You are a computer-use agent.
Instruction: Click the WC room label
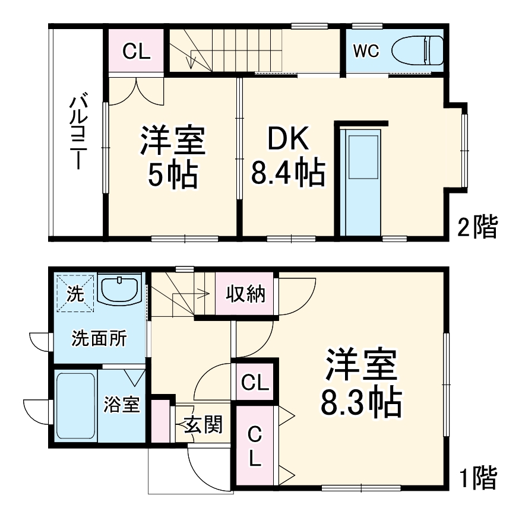pyautogui.click(x=366, y=51)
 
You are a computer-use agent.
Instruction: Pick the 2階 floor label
pyautogui.click(x=477, y=227)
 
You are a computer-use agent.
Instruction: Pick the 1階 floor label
pyautogui.click(x=477, y=478)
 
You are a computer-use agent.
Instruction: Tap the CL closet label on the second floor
pyautogui.click(x=136, y=52)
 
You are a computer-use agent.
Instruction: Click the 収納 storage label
pyautogui.click(x=245, y=294)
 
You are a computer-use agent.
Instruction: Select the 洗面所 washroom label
pyautogui.click(x=99, y=338)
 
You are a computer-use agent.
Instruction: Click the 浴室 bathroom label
pyautogui.click(x=122, y=405)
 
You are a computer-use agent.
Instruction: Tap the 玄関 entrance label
pyautogui.click(x=203, y=424)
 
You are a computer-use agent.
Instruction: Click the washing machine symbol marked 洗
pyautogui.click(x=75, y=292)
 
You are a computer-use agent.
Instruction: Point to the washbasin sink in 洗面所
pyautogui.click(x=119, y=290)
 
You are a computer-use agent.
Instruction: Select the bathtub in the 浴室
pyautogui.click(x=75, y=406)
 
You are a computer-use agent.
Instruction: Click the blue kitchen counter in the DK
pyautogui.click(x=362, y=181)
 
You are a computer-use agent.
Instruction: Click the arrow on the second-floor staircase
pyautogui.click(x=192, y=59)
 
